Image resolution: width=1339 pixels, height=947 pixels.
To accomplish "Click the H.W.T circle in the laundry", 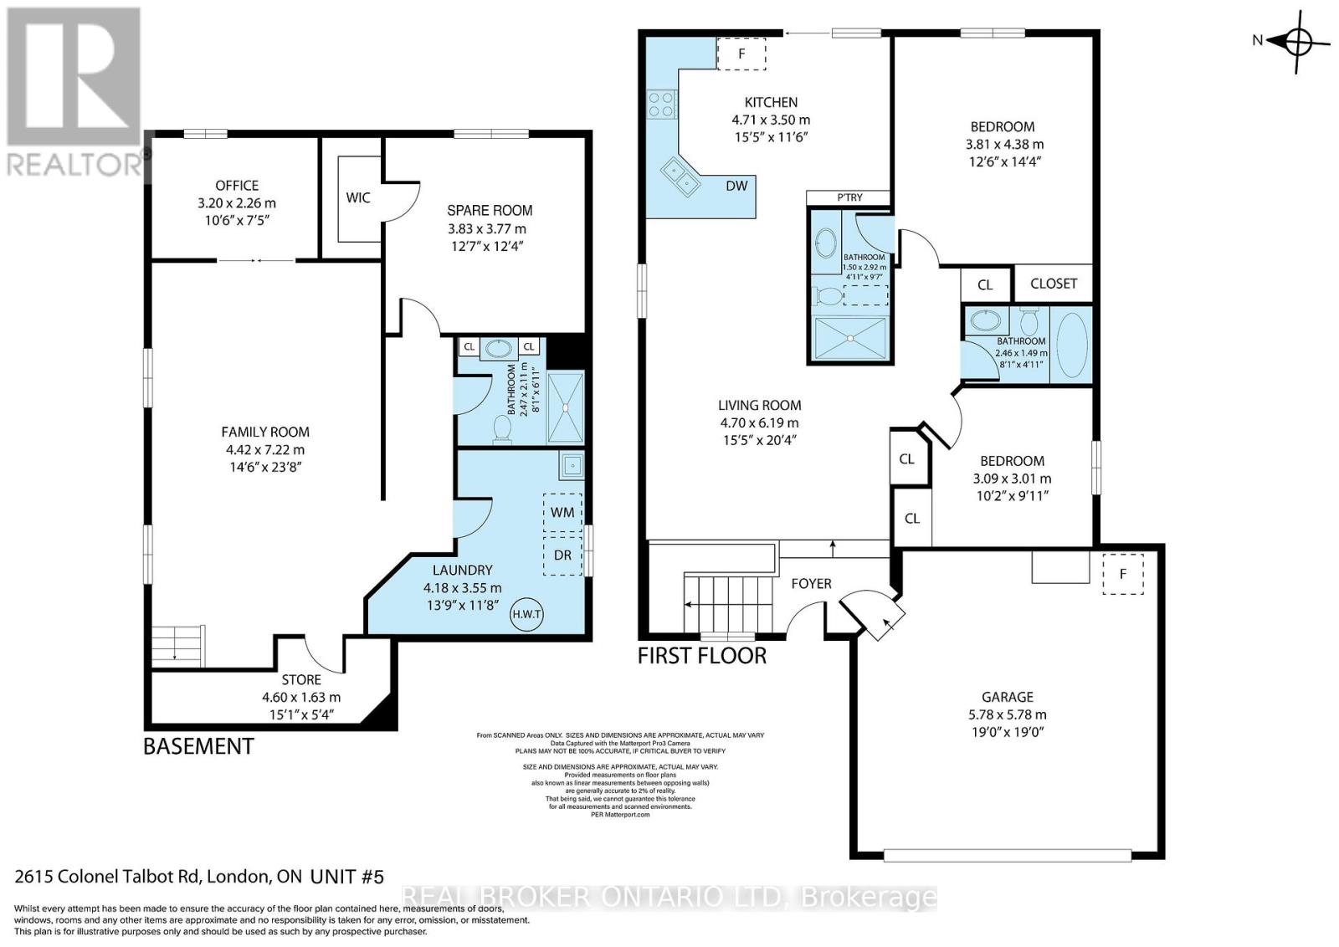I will pos(527,614).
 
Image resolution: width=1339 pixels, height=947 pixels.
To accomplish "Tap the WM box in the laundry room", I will pos(562,510).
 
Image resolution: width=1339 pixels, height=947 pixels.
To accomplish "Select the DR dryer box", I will pos(562,555).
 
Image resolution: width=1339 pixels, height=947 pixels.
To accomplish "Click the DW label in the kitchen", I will pos(736,186).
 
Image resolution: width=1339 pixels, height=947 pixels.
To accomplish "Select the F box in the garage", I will pos(1123,574).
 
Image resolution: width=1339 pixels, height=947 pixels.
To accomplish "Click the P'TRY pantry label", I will pos(849,197).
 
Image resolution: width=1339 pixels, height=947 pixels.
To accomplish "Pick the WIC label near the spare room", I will pos(358,197).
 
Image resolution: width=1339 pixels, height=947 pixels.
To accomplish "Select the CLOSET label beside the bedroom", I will pos(1054,284).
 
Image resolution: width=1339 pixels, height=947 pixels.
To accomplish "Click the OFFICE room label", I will pos(237,185).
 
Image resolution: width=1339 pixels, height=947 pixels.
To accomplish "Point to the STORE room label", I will pos(301,679).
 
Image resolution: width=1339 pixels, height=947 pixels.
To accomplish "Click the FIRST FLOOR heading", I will pos(701,655).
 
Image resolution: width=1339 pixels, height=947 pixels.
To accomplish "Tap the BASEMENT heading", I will pos(198,745).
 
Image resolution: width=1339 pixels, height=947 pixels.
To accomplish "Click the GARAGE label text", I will pos(1008,696).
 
